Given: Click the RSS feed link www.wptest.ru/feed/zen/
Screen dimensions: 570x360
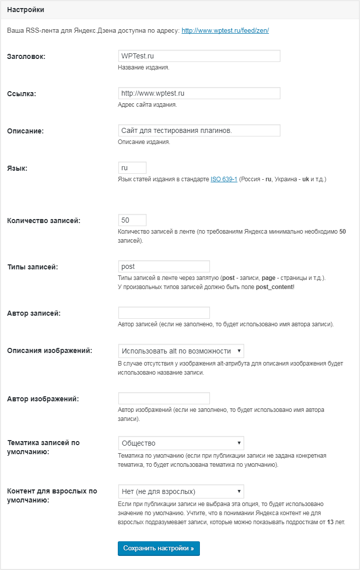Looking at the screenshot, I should point(225,31).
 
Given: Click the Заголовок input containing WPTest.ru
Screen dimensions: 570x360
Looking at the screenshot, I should point(199,55).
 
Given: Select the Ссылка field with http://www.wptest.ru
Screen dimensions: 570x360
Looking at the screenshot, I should point(199,93).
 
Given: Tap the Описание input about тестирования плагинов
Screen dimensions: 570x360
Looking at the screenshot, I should point(199,130).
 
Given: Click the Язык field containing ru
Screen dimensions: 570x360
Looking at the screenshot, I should point(132,168).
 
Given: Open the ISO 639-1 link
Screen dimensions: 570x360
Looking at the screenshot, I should point(224,179).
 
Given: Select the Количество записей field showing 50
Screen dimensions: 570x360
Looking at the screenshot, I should point(132,220).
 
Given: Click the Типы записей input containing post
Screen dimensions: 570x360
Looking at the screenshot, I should point(164,266).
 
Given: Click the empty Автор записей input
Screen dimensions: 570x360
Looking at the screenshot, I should point(164,313).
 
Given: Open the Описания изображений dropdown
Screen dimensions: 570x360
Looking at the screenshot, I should point(181,351).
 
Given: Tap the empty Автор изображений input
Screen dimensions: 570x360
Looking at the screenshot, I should point(164,398).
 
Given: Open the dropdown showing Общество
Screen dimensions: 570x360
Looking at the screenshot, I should point(181,443).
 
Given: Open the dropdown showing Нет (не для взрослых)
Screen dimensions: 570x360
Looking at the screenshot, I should point(181,491).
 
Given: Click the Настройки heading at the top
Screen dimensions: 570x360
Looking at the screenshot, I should point(26,10).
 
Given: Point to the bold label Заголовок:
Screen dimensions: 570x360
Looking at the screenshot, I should point(26,56).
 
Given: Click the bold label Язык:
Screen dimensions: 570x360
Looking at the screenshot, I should point(17,168).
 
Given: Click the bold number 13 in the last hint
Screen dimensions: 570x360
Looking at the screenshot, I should point(330,522).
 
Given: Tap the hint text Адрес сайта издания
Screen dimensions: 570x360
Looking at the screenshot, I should point(147,105).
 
